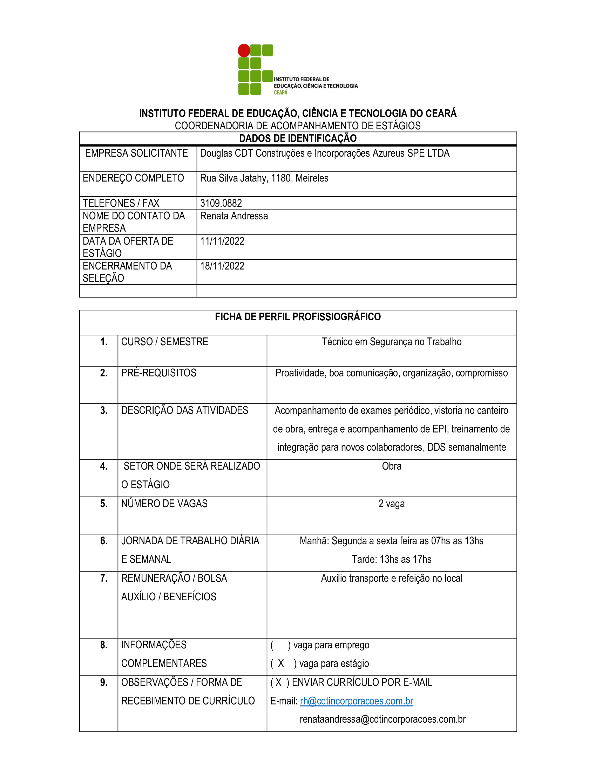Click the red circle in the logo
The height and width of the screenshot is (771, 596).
coord(244,50)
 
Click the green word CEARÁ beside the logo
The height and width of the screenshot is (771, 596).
coord(281,93)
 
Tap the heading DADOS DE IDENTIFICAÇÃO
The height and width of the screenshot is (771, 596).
coord(298,138)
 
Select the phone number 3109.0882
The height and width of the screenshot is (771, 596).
coord(221,203)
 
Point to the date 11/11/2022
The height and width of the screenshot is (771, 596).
coord(222,241)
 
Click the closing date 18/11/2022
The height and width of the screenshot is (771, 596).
coord(222,266)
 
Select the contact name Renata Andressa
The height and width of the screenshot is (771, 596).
coord(234,216)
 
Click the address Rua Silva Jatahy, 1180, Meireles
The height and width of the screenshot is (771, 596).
coord(264,178)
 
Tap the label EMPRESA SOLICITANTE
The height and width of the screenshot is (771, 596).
coord(136,153)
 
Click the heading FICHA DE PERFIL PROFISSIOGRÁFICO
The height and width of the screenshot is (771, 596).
coord(298,317)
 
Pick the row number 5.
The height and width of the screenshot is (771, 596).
coord(104,504)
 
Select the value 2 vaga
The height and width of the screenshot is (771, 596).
coord(391,504)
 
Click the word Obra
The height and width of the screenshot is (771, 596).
coord(392,466)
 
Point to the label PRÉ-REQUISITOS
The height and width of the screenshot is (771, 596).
coord(158,373)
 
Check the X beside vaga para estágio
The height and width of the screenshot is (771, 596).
coord(281,664)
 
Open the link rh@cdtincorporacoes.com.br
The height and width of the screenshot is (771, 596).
coord(356,701)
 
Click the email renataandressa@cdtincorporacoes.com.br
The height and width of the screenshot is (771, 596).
coord(382,719)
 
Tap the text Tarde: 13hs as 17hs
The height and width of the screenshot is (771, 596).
coord(391,560)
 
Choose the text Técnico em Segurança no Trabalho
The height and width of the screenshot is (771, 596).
coord(392,342)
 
